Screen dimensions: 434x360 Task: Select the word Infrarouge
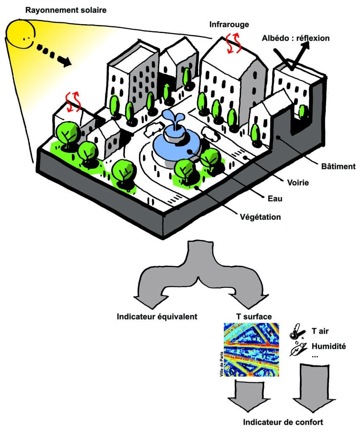229,25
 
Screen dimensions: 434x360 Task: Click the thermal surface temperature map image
251,350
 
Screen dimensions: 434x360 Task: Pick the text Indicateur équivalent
158,316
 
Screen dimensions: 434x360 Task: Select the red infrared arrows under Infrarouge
232,44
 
